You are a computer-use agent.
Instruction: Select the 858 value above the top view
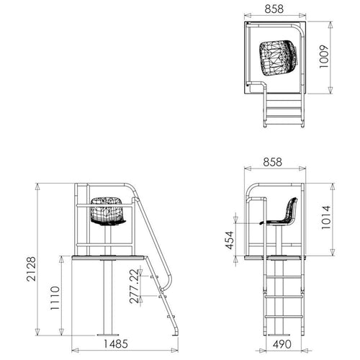coord(274,10)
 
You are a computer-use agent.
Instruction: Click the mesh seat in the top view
coord(277,56)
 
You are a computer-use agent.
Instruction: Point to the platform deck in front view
coord(109,256)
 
